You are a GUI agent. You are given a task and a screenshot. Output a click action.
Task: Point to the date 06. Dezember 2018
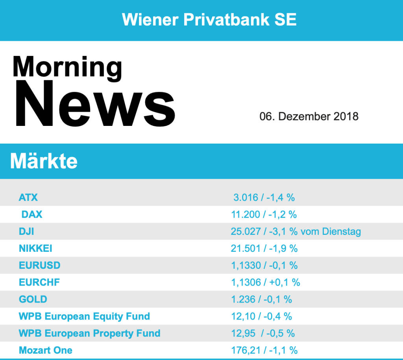(x=309, y=116)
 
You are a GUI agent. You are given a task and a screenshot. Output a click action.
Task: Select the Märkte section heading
(x=44, y=161)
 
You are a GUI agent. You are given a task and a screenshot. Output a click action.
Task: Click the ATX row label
(x=28, y=197)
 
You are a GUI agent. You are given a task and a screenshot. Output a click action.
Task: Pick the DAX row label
(x=32, y=214)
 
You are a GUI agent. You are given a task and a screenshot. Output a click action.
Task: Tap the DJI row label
(x=26, y=231)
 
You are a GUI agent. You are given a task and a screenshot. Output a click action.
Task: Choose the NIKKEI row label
(x=35, y=248)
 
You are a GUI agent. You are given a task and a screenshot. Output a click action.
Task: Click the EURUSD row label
(x=39, y=265)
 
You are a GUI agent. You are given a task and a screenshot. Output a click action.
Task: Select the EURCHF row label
(x=39, y=282)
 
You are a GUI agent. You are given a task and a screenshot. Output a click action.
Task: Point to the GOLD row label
(x=33, y=299)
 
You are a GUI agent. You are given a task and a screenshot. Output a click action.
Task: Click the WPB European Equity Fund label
(x=84, y=316)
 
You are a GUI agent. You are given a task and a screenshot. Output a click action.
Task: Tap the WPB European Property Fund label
(x=89, y=333)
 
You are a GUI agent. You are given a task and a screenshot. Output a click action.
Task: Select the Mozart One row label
(x=46, y=350)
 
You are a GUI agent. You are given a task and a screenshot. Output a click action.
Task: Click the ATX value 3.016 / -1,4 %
(x=264, y=197)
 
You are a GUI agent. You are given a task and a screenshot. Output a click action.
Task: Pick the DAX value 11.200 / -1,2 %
(x=264, y=214)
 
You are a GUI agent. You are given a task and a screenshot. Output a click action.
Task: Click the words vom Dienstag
(x=331, y=231)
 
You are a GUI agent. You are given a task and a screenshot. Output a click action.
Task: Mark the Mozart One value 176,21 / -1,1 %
(x=264, y=350)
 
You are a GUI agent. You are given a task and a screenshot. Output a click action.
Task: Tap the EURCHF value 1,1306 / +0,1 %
(x=266, y=282)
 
